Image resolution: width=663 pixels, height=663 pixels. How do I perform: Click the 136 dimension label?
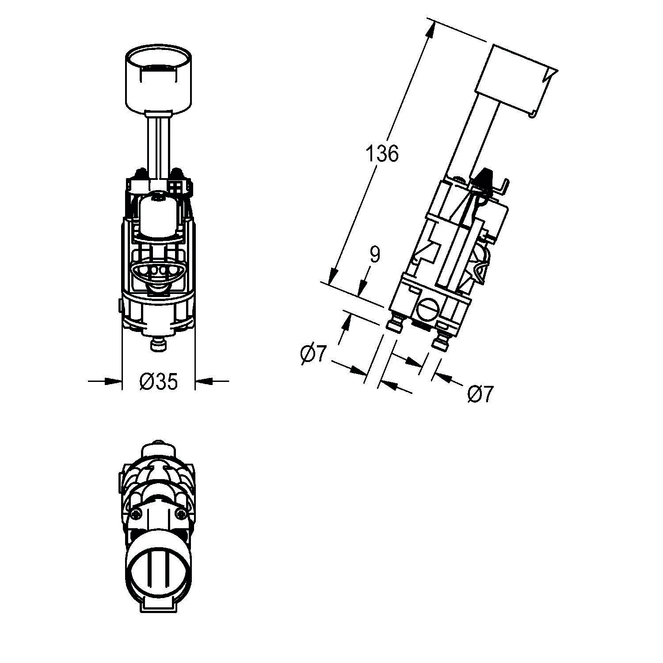[x=382, y=154]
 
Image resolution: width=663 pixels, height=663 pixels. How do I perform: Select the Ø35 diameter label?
[x=158, y=381]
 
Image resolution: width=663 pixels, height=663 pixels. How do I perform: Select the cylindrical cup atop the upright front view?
[x=159, y=80]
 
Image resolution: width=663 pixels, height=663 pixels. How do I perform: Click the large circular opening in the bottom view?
[x=159, y=566]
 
